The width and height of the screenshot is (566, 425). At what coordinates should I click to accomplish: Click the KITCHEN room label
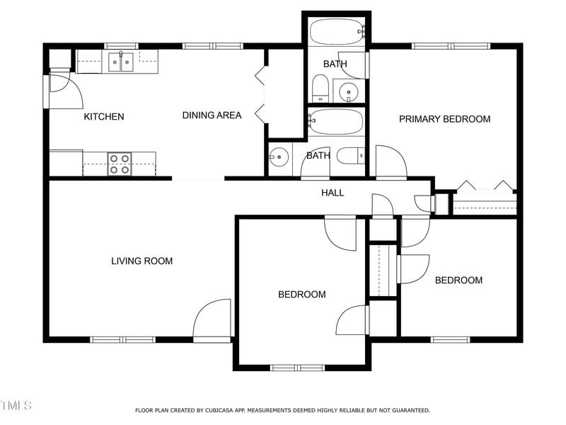pyautogui.click(x=104, y=117)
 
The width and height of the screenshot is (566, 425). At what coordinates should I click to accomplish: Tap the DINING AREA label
pyautogui.click(x=212, y=115)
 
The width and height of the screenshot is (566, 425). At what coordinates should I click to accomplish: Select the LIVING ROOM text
pyautogui.click(x=142, y=261)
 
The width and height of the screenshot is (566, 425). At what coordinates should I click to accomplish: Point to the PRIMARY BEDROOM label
pyautogui.click(x=445, y=119)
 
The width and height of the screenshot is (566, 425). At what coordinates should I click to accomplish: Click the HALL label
pyautogui.click(x=333, y=193)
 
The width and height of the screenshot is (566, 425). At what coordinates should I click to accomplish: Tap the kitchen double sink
pyautogui.click(x=121, y=62)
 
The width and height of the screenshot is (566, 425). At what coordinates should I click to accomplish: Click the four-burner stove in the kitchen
pyautogui.click(x=120, y=164)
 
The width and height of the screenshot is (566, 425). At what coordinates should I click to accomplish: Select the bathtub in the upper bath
pyautogui.click(x=337, y=31)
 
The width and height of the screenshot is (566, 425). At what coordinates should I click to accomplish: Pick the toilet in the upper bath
pyautogui.click(x=320, y=89)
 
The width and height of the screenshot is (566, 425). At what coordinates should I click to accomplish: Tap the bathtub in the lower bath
pyautogui.click(x=335, y=122)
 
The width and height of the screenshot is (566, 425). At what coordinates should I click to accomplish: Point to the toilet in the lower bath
pyautogui.click(x=350, y=156)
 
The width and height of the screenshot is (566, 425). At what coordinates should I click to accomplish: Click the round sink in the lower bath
pyautogui.click(x=279, y=157)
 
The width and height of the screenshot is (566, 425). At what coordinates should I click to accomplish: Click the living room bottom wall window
pyautogui.click(x=122, y=340)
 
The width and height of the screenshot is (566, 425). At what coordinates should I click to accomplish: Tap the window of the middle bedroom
pyautogui.click(x=297, y=368)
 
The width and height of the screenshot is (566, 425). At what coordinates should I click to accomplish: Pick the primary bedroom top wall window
pyautogui.click(x=451, y=46)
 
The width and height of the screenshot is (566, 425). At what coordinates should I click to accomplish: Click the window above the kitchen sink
pyautogui.click(x=121, y=46)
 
